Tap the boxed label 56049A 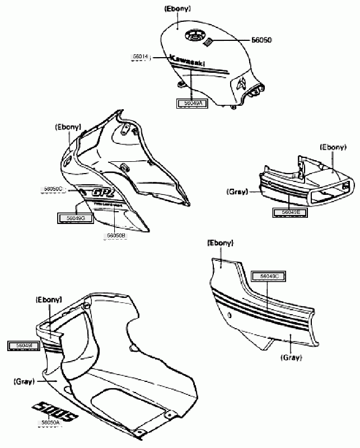click(189, 103)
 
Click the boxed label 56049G click(71, 217)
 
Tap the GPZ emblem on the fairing click(104, 192)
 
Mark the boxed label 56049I click(22, 346)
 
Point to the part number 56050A click(50, 423)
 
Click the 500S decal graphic click(56, 410)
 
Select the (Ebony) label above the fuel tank click(177, 10)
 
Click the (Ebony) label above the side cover click(221, 243)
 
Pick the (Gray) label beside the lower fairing click(23, 381)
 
